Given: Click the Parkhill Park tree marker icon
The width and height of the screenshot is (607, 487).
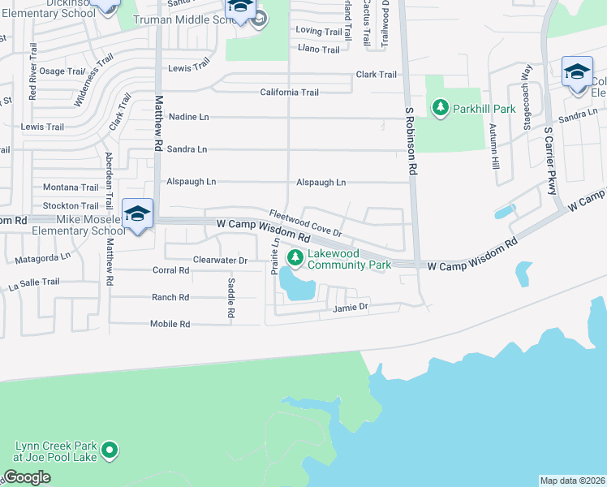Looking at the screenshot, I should (x=441, y=107).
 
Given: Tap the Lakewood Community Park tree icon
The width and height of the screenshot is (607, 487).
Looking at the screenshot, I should (x=295, y=258).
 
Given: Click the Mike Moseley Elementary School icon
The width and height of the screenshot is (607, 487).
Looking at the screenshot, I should (x=137, y=214).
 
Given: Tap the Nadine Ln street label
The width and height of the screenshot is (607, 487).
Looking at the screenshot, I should (x=188, y=117).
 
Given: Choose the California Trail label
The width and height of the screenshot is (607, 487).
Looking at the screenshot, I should (x=289, y=93).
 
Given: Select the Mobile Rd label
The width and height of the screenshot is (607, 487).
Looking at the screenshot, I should (x=170, y=324).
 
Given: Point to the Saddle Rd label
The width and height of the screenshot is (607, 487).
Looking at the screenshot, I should (x=231, y=298).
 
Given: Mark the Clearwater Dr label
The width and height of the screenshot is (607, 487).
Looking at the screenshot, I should (x=220, y=260).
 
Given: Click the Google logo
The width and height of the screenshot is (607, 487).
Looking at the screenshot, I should (x=27, y=477).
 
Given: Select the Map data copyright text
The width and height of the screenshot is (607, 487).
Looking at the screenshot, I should (x=572, y=481).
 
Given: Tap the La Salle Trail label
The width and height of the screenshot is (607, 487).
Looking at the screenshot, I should (x=34, y=282).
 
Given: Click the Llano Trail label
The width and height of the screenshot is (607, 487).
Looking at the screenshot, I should (x=319, y=50).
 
